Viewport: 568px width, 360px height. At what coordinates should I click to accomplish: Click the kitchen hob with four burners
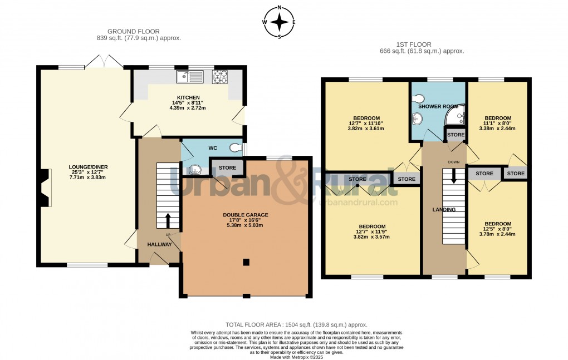[x=219, y=76]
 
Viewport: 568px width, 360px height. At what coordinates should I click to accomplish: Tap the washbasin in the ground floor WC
[x=194, y=170]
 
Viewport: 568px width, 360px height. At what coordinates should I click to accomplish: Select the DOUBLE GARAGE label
[x=246, y=215]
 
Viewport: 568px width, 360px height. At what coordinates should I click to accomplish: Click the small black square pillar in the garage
[x=246, y=262]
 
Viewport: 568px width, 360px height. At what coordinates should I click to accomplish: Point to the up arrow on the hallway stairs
[x=168, y=218]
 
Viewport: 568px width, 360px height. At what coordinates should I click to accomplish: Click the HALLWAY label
[x=159, y=244]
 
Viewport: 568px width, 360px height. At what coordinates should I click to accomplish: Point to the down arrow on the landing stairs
[x=454, y=176]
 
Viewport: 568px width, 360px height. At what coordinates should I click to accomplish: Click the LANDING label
[x=444, y=210]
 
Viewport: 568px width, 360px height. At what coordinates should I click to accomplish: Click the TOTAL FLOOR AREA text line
[x=296, y=324]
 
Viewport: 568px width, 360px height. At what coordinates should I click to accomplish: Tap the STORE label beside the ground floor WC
[x=227, y=167]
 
